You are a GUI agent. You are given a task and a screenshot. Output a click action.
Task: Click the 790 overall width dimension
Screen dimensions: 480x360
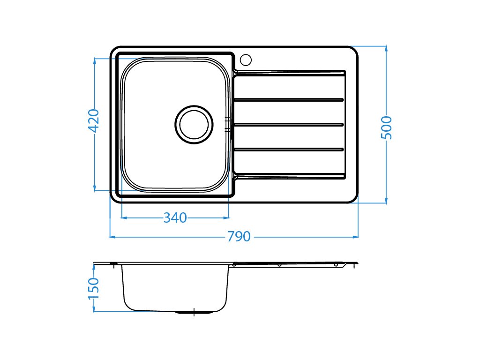point(239,237)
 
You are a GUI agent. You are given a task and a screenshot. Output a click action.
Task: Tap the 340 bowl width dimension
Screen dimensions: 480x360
point(175,218)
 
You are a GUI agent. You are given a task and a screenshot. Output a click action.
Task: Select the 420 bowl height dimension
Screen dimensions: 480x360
point(94,120)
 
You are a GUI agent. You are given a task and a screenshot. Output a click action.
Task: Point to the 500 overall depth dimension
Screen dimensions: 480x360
point(386,127)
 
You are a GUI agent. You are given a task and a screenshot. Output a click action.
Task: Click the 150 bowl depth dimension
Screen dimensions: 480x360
point(94,289)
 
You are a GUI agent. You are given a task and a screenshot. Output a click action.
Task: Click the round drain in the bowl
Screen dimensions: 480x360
point(194,125)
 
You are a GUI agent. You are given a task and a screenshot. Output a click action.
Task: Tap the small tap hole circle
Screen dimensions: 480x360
point(246,60)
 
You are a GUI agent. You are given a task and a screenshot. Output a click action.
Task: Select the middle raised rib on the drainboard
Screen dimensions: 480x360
point(289,125)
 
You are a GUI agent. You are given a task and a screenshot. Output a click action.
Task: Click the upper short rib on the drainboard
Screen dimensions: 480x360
point(289,100)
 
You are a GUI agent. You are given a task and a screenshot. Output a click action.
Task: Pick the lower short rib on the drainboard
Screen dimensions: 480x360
point(289,150)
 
